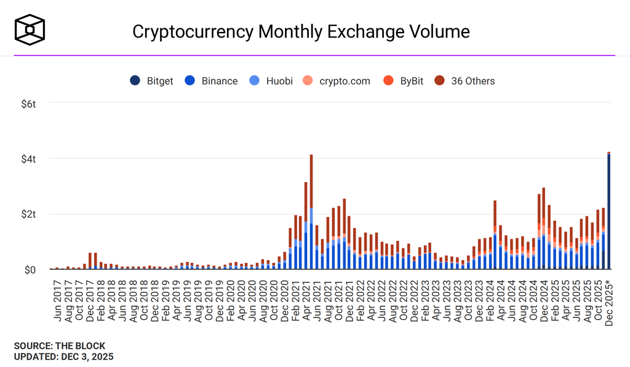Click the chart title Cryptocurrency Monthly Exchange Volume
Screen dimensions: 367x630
tap(301, 31)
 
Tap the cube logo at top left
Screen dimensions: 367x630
tap(30, 30)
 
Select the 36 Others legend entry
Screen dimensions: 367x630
tap(465, 81)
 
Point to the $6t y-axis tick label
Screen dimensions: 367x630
tap(28, 103)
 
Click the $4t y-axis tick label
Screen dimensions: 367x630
tap(28, 159)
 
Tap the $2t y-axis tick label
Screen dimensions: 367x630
tap(28, 214)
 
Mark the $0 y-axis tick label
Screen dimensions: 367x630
tap(30, 270)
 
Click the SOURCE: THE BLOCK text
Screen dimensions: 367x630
tap(59, 345)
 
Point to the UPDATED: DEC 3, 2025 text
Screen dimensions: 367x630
tap(63, 356)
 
